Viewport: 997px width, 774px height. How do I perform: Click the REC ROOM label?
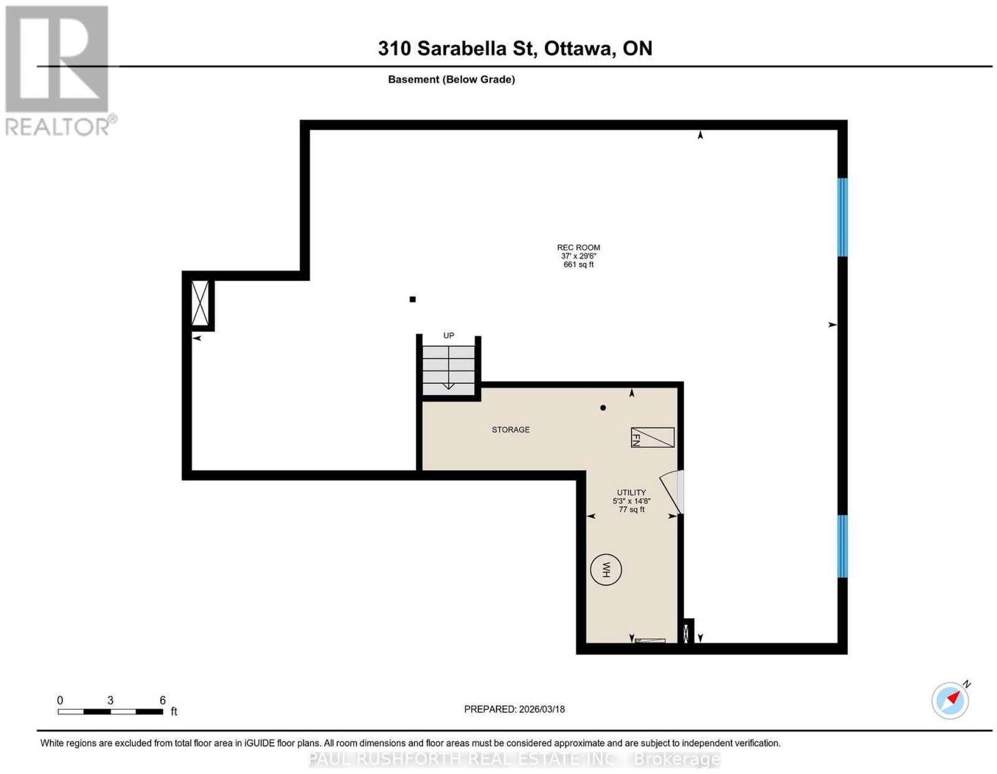(x=578, y=247)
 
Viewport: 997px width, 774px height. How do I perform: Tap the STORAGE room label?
(x=511, y=430)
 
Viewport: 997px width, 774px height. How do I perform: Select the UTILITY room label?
(x=631, y=493)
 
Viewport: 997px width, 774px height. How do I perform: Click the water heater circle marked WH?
(x=606, y=570)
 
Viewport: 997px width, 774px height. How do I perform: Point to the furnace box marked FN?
(x=652, y=437)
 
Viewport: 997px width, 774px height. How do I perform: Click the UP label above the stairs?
(x=448, y=336)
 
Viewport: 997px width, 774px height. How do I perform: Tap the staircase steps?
(x=448, y=370)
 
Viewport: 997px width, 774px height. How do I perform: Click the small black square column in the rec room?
(x=413, y=300)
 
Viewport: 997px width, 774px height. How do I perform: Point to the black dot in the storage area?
(x=603, y=407)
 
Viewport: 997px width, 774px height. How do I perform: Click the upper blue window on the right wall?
(x=842, y=217)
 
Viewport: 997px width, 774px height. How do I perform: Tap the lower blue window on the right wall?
(x=842, y=546)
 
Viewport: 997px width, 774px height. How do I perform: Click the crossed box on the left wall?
(x=199, y=303)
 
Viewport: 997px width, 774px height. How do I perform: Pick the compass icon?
(x=950, y=701)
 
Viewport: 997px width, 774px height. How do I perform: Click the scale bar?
(x=110, y=712)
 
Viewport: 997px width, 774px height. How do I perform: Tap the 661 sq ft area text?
(x=578, y=265)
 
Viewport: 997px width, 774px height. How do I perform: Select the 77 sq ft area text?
(x=631, y=509)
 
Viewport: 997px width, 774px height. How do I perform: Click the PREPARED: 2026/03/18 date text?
(x=514, y=709)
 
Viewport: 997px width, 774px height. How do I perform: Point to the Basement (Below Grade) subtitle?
(x=452, y=79)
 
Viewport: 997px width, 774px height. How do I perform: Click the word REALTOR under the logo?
(x=57, y=127)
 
